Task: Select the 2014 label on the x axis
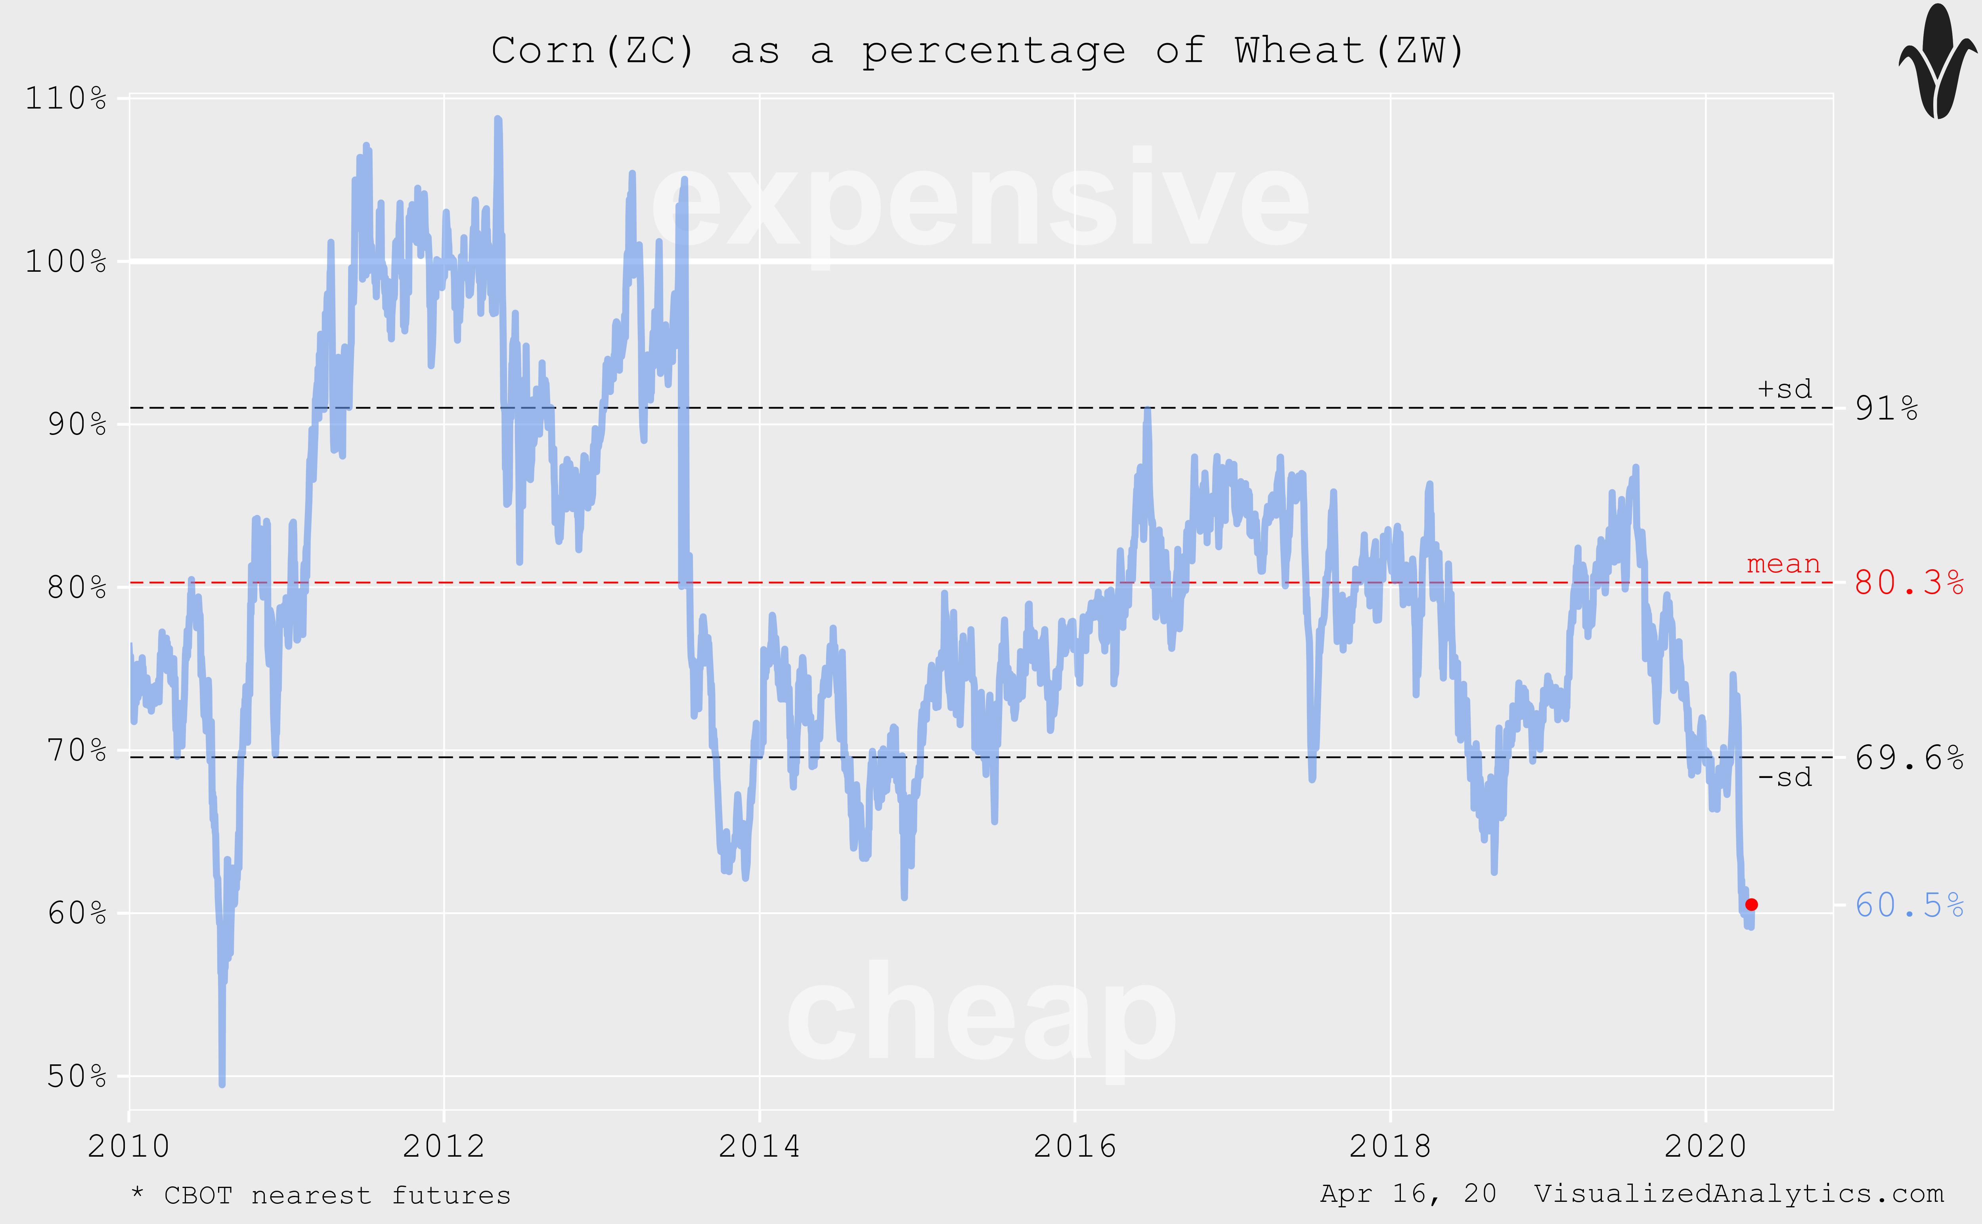click(x=759, y=1146)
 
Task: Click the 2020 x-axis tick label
click(x=1705, y=1146)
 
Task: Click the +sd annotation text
click(x=1784, y=389)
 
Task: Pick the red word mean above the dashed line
click(x=1783, y=564)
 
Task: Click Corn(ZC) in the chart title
click(x=593, y=51)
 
